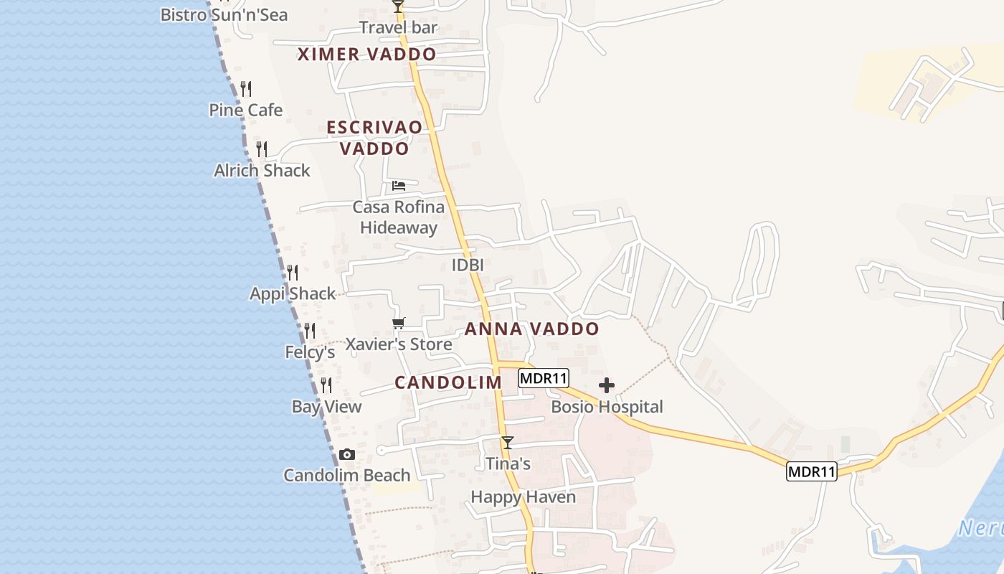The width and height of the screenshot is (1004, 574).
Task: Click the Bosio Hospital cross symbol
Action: pos(606,386)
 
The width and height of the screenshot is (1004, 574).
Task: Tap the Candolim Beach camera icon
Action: pos(347,455)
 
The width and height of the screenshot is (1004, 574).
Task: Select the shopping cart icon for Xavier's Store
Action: pos(399,323)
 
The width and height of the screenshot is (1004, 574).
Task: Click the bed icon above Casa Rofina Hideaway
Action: pos(399,186)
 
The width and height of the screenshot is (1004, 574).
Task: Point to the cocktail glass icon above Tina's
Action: pos(508,443)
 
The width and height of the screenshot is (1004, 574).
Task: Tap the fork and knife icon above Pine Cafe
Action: pos(246,89)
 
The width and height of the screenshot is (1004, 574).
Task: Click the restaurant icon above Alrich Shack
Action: pos(262,149)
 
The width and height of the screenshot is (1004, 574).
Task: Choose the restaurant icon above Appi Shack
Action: pos(293,273)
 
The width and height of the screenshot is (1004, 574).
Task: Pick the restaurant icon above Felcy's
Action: pos(310,331)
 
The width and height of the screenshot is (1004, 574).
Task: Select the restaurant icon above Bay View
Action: pos(326,385)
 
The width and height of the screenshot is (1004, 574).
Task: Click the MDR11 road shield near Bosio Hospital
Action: pos(543,378)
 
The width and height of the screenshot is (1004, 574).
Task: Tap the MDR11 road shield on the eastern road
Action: pos(811,471)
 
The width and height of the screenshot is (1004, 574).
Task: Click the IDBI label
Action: pos(468,265)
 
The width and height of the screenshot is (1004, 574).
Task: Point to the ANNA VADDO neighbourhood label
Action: pos(531,329)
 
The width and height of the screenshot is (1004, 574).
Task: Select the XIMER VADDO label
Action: pos(366,55)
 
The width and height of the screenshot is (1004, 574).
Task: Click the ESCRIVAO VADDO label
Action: pos(374,138)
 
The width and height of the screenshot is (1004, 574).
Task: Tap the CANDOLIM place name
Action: pos(448,382)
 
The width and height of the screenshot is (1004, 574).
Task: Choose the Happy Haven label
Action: pos(523,497)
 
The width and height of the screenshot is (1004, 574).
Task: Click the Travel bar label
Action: pos(398,28)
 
